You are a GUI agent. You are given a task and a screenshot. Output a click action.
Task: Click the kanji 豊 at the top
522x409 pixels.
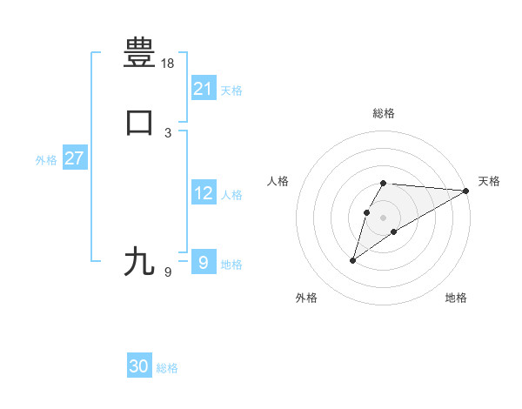(x=139, y=51)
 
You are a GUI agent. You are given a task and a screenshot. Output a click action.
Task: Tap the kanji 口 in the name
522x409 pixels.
(x=139, y=123)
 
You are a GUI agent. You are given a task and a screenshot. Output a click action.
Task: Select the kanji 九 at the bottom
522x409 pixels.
(x=139, y=261)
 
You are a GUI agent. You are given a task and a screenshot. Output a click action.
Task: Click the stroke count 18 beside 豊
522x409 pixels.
(x=168, y=63)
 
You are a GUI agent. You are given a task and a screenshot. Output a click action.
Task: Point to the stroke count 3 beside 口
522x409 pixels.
(x=168, y=132)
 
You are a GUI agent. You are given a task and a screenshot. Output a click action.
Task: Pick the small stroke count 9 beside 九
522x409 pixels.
(x=168, y=272)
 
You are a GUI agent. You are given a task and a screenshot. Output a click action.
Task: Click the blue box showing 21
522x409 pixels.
(x=203, y=88)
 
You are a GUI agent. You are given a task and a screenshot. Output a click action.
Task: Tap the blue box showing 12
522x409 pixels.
(x=203, y=194)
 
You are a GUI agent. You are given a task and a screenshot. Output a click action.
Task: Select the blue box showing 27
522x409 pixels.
(x=74, y=159)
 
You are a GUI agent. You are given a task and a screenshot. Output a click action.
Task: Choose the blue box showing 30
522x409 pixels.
(x=139, y=367)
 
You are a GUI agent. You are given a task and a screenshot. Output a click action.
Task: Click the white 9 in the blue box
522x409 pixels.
(x=203, y=262)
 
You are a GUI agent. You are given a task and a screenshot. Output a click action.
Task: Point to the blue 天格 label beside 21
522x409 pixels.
(x=231, y=91)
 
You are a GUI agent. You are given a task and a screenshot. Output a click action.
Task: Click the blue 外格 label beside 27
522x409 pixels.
(x=46, y=160)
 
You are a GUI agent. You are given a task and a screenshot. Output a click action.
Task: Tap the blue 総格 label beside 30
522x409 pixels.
(x=167, y=369)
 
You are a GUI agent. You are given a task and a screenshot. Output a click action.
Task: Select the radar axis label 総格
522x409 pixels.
(x=383, y=113)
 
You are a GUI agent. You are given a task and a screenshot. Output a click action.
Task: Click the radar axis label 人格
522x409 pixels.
(x=278, y=181)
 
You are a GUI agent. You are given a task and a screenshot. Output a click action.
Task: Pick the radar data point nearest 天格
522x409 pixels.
(x=467, y=191)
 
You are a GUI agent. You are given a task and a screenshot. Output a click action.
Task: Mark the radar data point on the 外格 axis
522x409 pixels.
(x=352, y=260)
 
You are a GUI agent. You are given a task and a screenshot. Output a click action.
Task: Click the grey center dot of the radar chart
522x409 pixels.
(x=383, y=218)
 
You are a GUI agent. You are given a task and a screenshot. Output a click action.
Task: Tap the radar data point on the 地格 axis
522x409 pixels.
(x=394, y=231)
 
